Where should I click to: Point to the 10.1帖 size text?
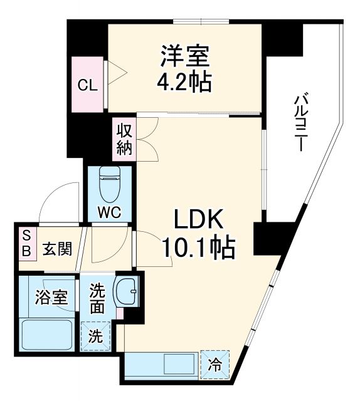coord(198,249)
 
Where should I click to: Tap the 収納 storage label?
coord(123,140)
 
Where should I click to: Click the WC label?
coord(110,211)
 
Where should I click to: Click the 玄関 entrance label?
coord(57,248)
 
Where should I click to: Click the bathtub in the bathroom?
coord(47,336)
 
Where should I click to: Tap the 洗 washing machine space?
coord(95,334)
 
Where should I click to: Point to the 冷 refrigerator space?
coord(214,364)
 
